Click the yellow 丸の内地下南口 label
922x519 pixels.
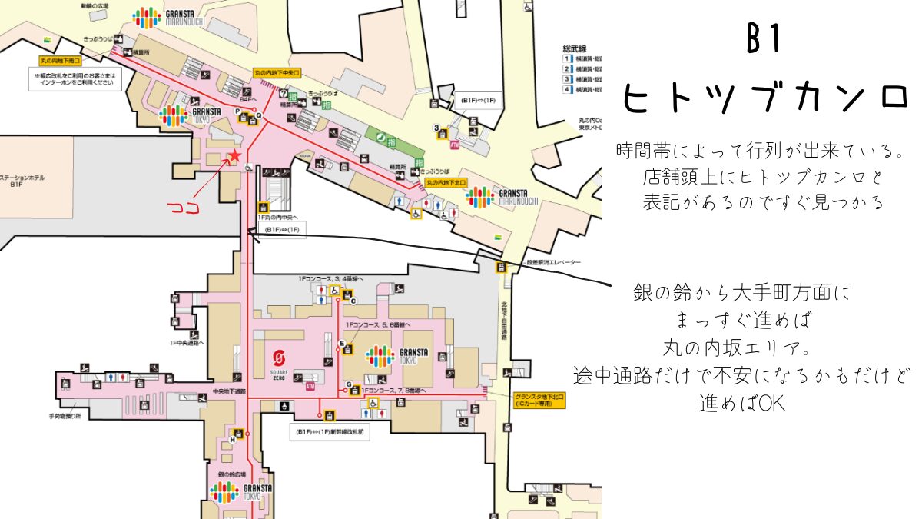(61, 59)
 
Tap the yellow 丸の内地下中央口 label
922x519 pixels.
(277, 73)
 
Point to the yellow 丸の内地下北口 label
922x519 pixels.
(446, 183)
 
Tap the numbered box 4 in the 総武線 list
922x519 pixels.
(567, 90)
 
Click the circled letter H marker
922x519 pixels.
(232, 439)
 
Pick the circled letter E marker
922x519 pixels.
(342, 343)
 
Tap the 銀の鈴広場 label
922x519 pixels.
(234, 474)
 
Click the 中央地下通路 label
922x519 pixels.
(228, 392)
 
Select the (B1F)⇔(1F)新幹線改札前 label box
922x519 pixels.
(329, 432)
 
